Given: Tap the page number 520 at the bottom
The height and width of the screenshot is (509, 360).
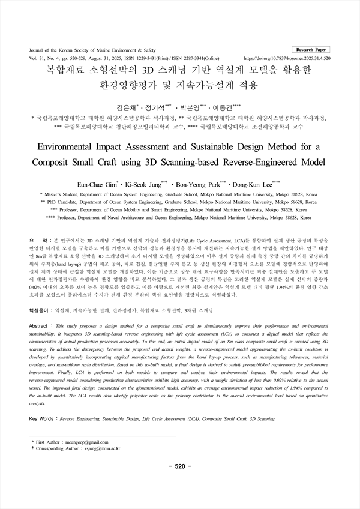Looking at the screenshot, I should pos(180,466).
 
